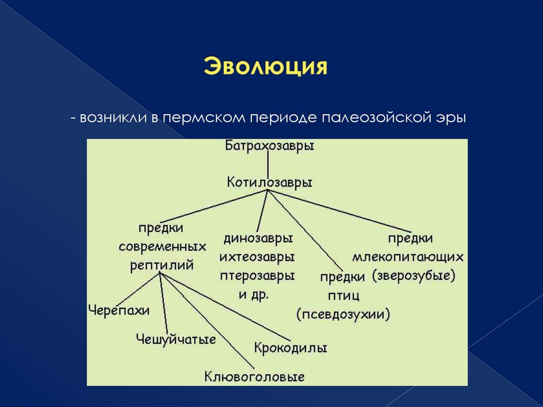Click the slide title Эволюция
pos(265,68)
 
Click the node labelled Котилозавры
pos(269,182)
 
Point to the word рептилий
pos(162,265)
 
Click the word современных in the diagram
pos(162,247)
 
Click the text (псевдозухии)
pos(344,314)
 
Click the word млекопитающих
pos(407,257)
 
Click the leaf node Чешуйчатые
pos(176,339)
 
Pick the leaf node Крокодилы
pos(290,348)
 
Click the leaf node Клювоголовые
pos(255,377)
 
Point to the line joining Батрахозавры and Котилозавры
pos(269,164)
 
